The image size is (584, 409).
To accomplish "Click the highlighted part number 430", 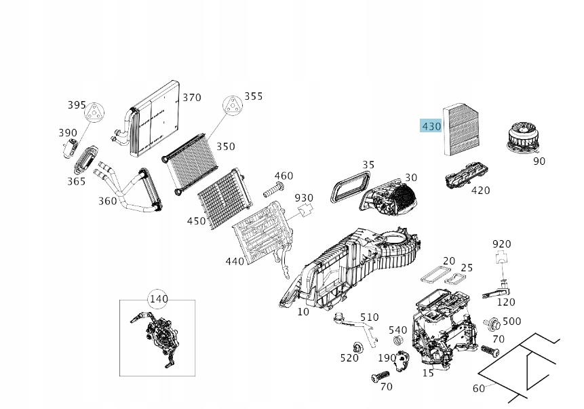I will [431, 126].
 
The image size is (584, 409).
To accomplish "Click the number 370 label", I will [192, 98].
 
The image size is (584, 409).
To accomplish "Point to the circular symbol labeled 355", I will [233, 106].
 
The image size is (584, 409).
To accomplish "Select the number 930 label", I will [304, 198].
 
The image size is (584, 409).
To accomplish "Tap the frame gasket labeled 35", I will [349, 185].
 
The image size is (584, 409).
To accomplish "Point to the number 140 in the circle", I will [157, 298].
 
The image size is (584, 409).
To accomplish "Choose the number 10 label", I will [303, 312].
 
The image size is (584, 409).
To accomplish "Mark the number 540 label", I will [398, 330].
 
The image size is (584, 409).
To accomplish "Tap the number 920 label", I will [502, 244].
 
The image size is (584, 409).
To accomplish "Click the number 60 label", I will [479, 389].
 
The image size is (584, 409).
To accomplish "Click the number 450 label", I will [196, 221].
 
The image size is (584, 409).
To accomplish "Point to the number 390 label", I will [68, 132].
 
